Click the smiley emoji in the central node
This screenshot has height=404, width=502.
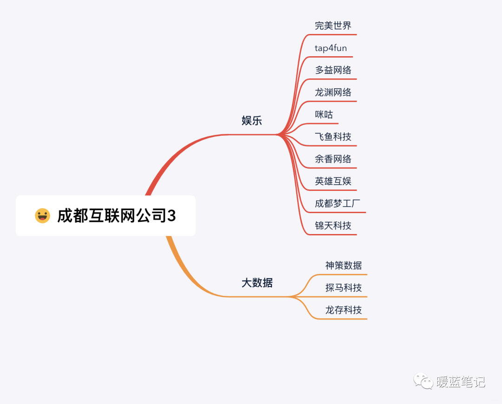[42, 215]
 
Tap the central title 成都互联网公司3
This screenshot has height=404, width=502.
[116, 215]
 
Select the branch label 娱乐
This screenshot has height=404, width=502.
[252, 121]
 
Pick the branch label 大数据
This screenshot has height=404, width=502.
[257, 282]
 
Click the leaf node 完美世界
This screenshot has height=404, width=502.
[333, 26]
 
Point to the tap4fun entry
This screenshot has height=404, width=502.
[330, 48]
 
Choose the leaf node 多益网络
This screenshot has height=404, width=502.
[333, 70]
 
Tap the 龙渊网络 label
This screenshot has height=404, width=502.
[333, 92]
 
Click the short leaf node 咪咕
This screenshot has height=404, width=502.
[324, 115]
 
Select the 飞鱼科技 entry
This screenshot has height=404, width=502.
[333, 137]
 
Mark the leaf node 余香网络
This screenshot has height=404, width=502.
[333, 159]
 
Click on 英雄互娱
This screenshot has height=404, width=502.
[333, 181]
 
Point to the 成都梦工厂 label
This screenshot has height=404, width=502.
[337, 203]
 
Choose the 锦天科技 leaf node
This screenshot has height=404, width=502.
[333, 226]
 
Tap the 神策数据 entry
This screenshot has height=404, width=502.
[343, 266]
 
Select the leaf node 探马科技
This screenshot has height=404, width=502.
[343, 288]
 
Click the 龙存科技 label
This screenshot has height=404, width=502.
[343, 310]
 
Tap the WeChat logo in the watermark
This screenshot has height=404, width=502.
[423, 382]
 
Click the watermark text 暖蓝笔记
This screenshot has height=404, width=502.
[461, 382]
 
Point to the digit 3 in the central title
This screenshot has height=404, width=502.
[172, 216]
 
